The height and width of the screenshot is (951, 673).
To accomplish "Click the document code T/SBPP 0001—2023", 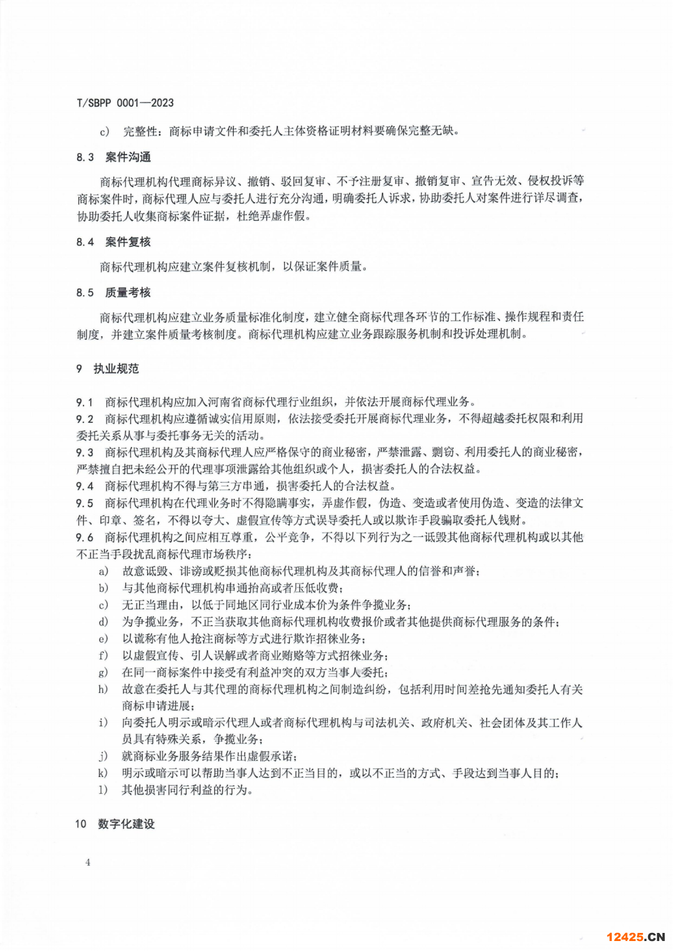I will [x=125, y=103].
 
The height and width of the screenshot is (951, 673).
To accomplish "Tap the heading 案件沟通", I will [x=128, y=157].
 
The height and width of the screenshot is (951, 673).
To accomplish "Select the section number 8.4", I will [x=85, y=242].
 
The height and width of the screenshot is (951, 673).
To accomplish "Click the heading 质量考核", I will [x=128, y=292].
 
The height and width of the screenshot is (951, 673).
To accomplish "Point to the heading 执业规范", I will [x=116, y=369].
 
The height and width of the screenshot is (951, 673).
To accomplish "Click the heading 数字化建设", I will [x=126, y=824].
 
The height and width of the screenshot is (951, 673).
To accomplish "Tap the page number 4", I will [x=88, y=862].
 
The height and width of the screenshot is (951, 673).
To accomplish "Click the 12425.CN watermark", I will [x=635, y=937].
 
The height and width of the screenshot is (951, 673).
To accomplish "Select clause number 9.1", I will [x=85, y=402].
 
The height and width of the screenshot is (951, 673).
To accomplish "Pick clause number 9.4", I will [x=85, y=486].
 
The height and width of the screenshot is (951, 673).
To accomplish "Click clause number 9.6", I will [x=85, y=538].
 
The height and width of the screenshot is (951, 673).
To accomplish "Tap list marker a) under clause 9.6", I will [x=103, y=571].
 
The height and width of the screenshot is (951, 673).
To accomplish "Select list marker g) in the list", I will [x=103, y=672].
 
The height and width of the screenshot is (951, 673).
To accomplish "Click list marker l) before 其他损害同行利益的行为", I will [x=103, y=790].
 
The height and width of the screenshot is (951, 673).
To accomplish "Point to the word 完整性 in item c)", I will [x=140, y=132].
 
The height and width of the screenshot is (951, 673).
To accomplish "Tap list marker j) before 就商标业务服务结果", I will [x=103, y=756].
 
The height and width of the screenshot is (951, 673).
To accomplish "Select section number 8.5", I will [x=85, y=292].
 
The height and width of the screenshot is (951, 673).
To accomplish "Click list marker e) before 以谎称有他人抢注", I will [x=103, y=639].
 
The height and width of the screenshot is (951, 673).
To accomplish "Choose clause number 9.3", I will [x=85, y=452].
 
